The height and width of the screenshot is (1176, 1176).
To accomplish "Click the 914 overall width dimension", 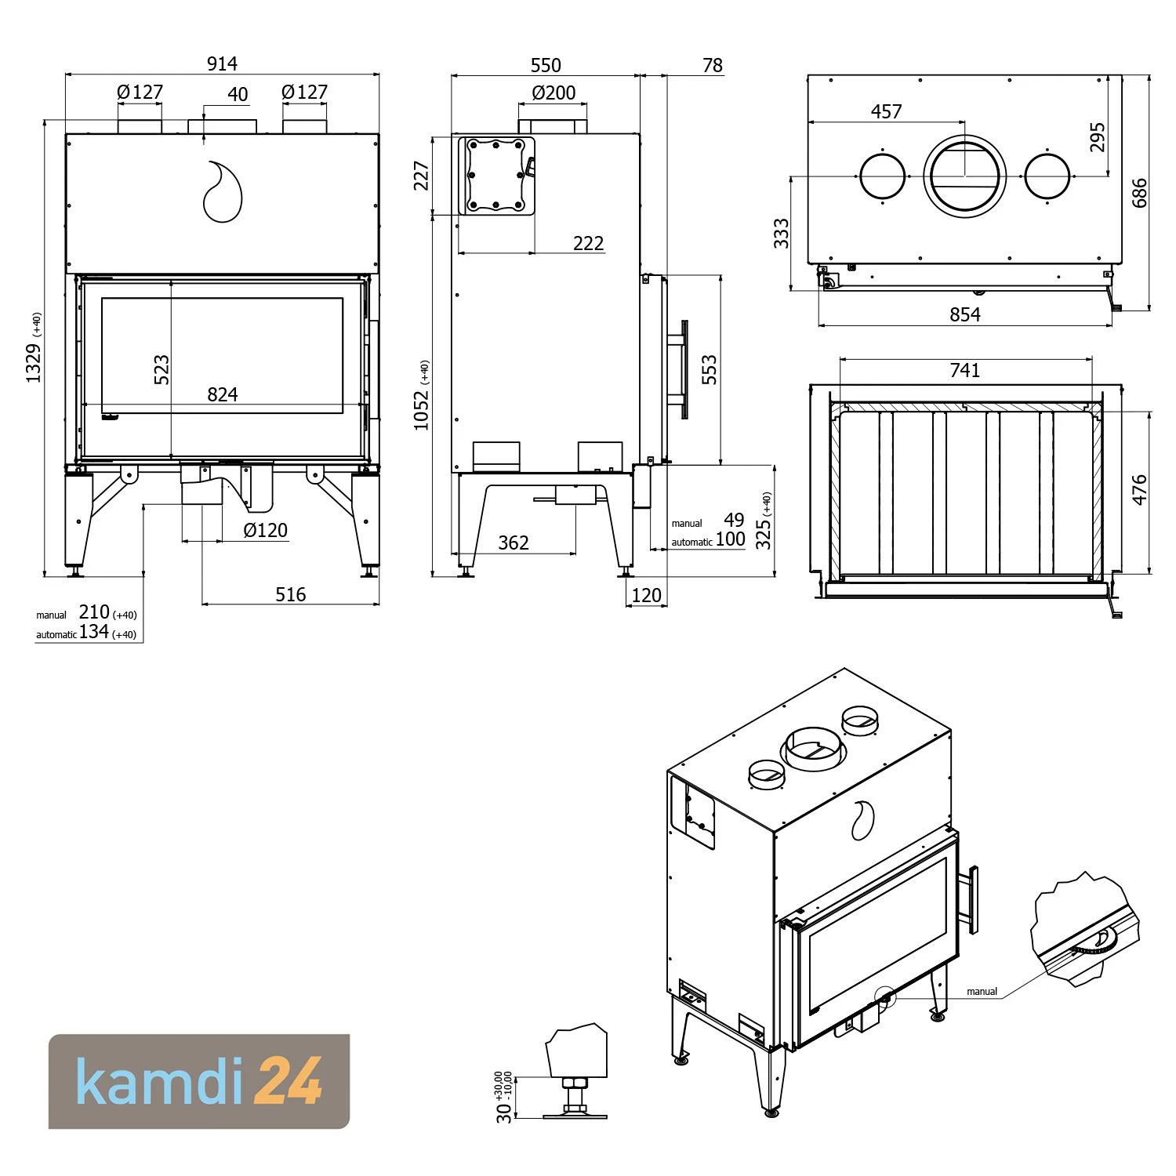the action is click(x=222, y=64).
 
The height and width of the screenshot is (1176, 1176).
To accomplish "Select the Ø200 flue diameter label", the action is click(x=554, y=93).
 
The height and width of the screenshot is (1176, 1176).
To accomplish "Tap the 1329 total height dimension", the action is click(x=34, y=363).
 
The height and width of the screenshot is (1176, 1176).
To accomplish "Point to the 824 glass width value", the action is click(x=223, y=394).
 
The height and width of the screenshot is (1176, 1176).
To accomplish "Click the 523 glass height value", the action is click(x=161, y=370).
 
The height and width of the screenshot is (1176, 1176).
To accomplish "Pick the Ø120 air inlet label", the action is click(x=266, y=530).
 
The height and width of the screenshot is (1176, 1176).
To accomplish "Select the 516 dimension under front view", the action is click(x=290, y=594).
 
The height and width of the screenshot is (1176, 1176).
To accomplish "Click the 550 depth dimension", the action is click(x=546, y=65).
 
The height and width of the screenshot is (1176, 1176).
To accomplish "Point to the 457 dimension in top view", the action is click(x=886, y=111).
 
